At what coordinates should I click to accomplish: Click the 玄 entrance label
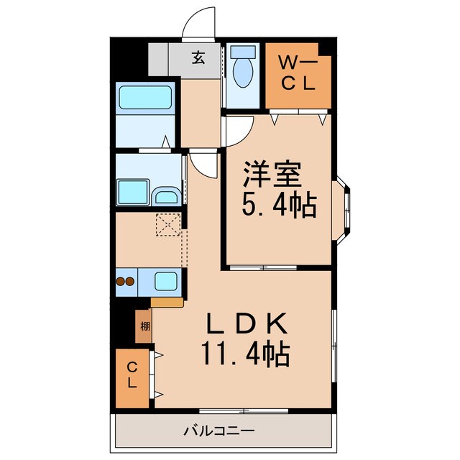pos(198,58)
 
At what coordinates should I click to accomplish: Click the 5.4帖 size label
pos(280,207)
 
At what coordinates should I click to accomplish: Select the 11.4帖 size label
pos(247,355)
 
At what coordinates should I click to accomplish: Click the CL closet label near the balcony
pos(132,375)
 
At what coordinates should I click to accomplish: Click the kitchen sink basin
pos(166,281)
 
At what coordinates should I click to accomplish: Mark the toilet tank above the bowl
pos(244,52)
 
